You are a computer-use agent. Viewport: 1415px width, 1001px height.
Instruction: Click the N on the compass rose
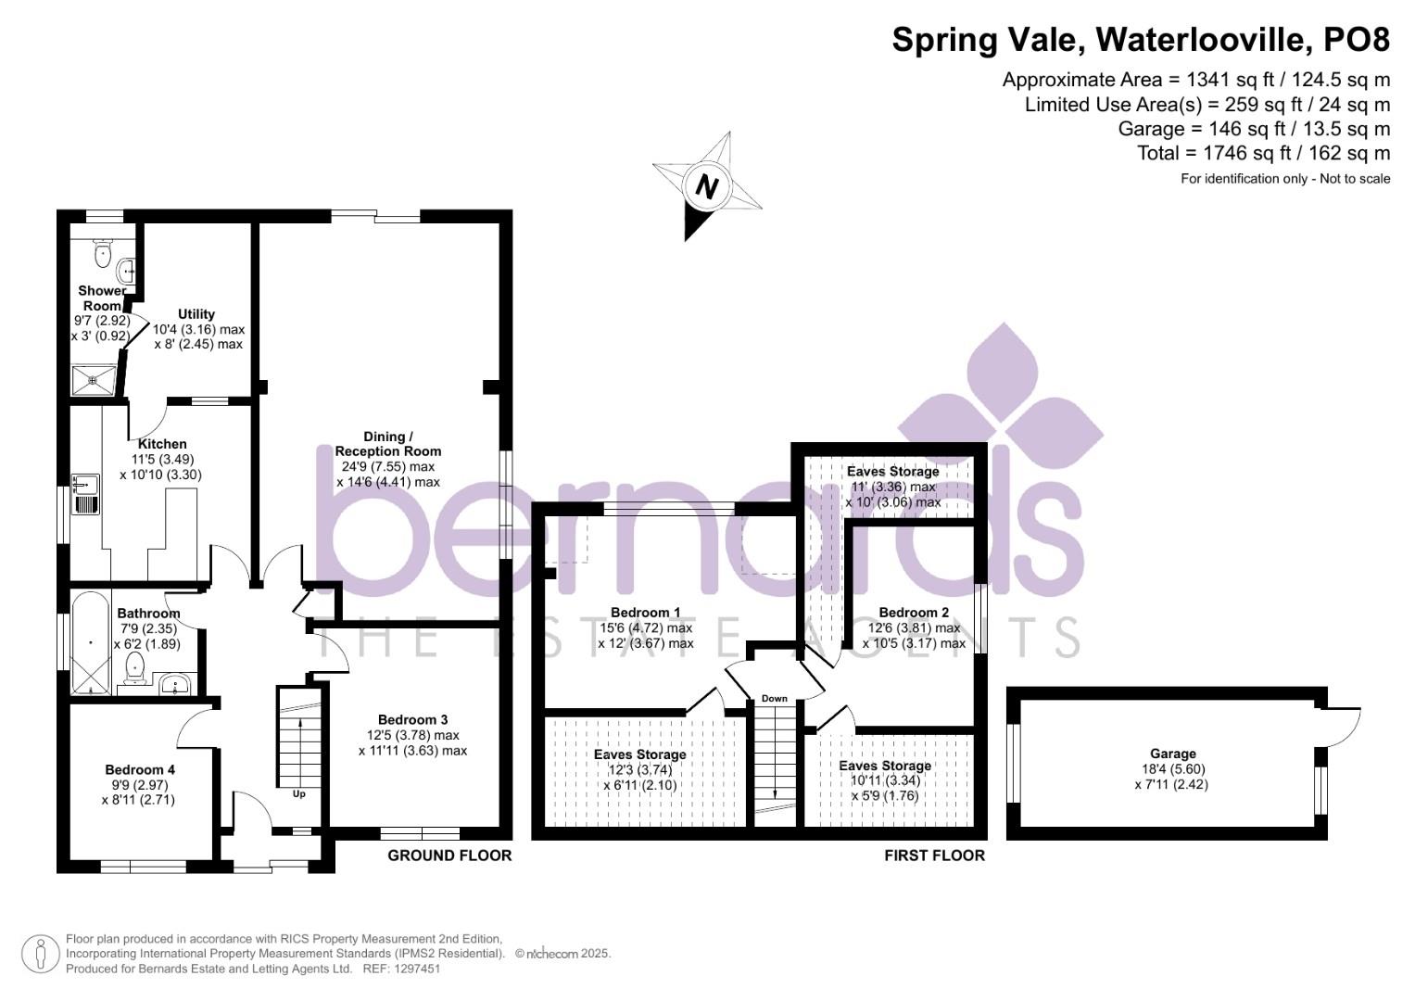[707, 187]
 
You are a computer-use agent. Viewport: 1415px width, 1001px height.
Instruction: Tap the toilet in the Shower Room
[102, 253]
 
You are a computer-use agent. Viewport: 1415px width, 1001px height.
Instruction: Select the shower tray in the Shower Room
[94, 380]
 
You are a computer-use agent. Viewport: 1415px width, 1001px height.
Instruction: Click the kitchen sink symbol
[85, 494]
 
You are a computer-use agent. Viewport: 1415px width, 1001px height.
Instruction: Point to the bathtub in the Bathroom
[91, 642]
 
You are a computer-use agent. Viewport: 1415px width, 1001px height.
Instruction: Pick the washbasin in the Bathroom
[175, 684]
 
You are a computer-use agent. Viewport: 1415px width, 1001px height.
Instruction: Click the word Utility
[196, 314]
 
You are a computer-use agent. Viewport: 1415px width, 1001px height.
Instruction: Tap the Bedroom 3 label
[412, 720]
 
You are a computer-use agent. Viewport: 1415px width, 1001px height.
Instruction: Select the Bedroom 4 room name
[140, 769]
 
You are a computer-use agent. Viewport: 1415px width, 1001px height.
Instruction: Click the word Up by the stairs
[298, 793]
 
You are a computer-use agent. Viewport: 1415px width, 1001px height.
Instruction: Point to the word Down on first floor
[775, 698]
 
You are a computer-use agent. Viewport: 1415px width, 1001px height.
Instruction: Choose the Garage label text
[1172, 754]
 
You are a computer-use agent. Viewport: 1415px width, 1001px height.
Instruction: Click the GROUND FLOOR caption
[449, 855]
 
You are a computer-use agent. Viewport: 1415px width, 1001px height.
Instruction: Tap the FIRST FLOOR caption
[934, 855]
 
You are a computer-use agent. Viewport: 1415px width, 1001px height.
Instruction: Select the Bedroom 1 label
[645, 613]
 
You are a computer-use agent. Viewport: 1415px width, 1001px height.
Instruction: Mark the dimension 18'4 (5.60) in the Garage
[1172, 769]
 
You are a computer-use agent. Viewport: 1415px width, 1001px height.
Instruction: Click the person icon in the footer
[41, 955]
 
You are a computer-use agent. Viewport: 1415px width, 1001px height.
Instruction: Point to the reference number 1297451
[417, 969]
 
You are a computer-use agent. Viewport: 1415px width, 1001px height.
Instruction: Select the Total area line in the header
[1263, 153]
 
